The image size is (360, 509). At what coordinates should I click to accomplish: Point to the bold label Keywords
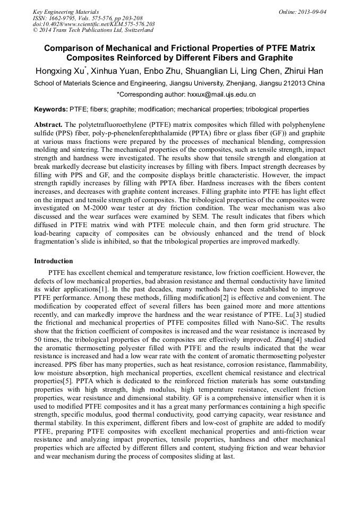[x=50, y=109]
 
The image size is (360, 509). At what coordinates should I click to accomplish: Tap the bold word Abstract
[x=48, y=124]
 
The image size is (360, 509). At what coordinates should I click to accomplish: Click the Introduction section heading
[x=53, y=261]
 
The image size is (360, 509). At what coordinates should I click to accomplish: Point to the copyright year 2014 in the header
[x=47, y=30]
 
